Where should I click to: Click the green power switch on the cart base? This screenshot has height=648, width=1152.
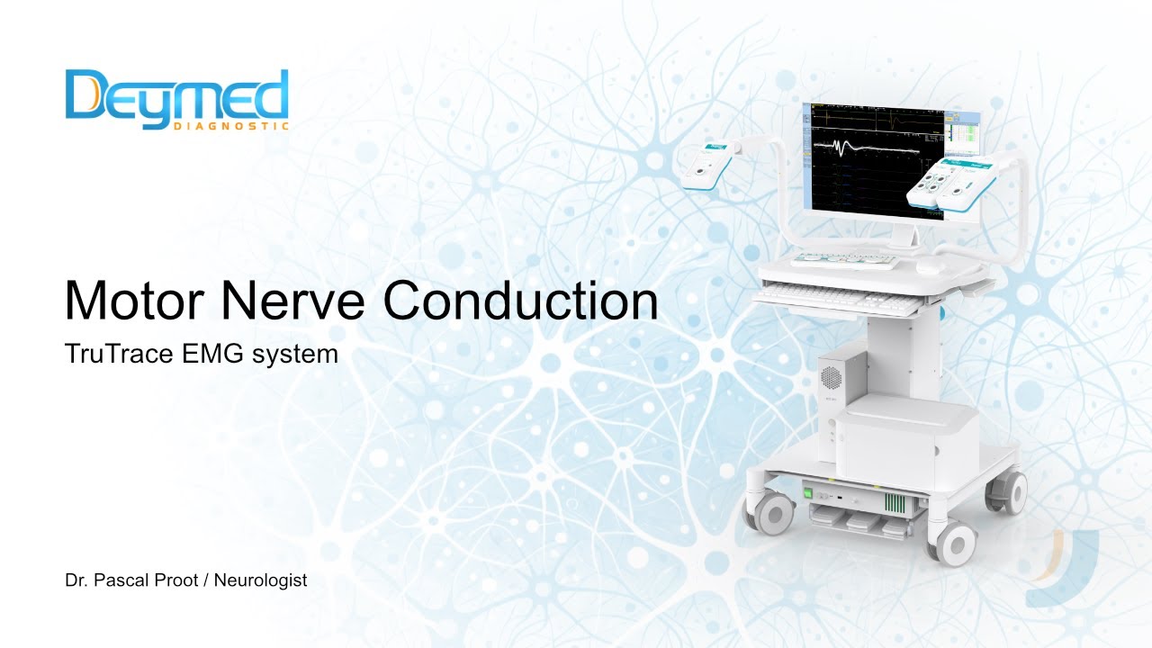809,494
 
